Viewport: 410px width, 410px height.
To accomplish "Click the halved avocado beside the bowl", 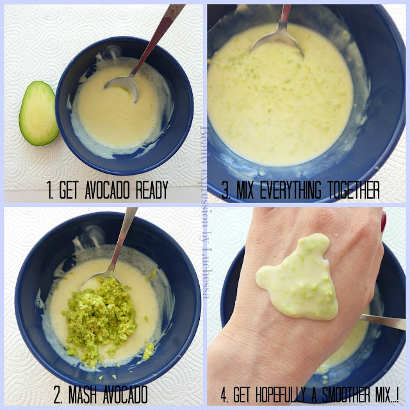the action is pos(38,113).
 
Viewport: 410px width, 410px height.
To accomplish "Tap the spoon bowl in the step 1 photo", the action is pos(123,87).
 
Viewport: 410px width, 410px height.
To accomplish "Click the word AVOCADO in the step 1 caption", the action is pos(107,190).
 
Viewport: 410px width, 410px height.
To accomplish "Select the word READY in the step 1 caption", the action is pos(152,190).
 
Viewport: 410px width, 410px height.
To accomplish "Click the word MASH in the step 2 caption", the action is pos(82,394).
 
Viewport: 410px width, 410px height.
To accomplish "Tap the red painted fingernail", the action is pos(384,222).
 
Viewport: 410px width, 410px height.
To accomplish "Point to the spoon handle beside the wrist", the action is pos(383,322).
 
